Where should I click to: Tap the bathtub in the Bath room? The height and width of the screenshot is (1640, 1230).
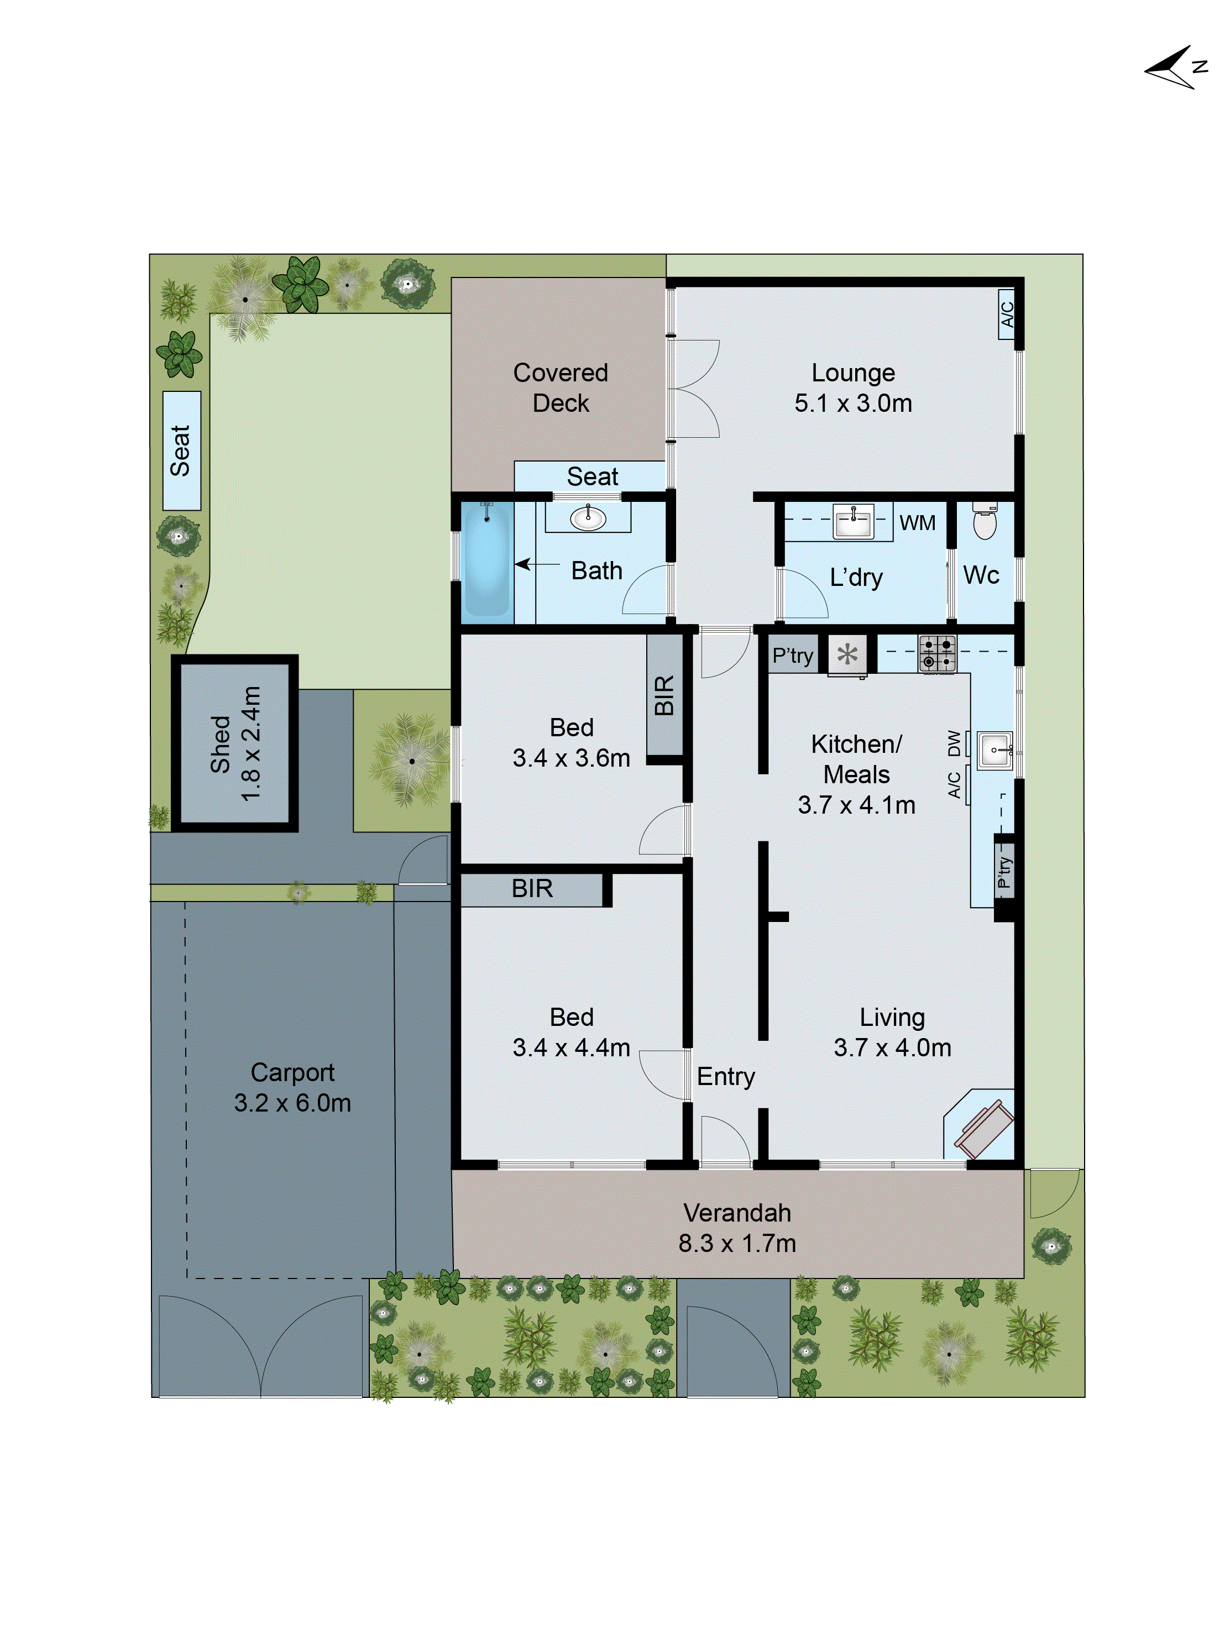pyautogui.click(x=486, y=561)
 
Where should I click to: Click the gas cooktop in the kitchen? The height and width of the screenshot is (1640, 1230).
pyautogui.click(x=937, y=654)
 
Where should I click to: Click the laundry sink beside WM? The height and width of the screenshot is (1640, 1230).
pyautogui.click(x=854, y=522)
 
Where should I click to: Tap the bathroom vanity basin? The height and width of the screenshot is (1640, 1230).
pyautogui.click(x=588, y=518)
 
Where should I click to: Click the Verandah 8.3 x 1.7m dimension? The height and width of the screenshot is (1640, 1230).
pyautogui.click(x=737, y=1243)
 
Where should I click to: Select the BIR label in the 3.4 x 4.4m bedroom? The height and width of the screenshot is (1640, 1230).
pyautogui.click(x=532, y=888)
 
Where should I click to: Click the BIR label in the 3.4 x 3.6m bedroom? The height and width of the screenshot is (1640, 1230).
pyautogui.click(x=664, y=695)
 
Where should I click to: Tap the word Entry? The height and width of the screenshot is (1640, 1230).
pyautogui.click(x=725, y=1077)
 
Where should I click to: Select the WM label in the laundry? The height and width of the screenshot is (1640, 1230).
pyautogui.click(x=917, y=523)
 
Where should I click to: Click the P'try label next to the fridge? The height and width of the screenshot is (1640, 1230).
pyautogui.click(x=793, y=656)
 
